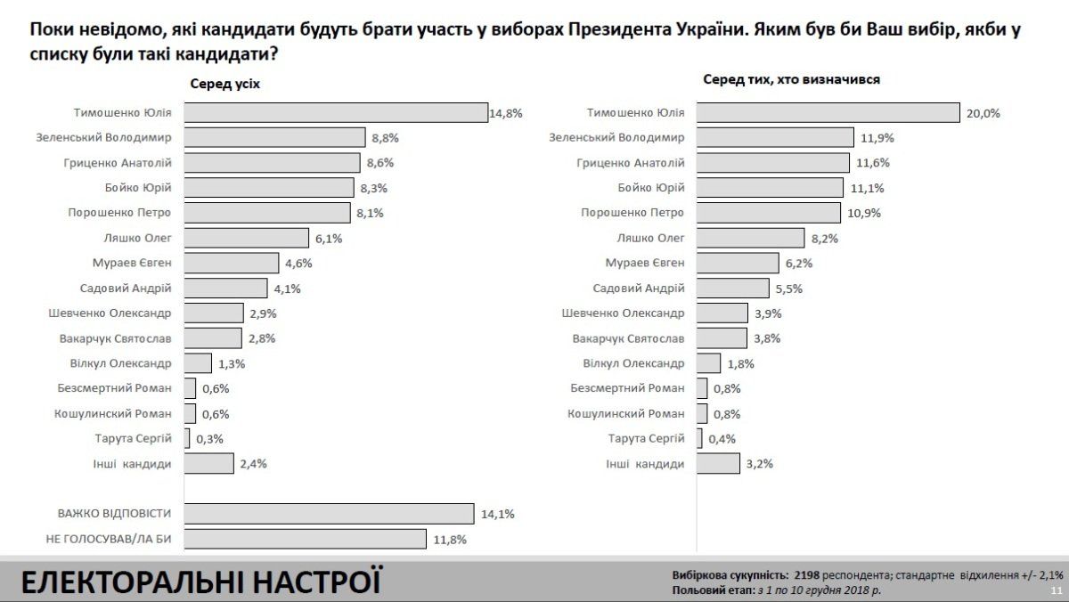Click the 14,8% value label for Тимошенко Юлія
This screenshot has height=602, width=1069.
coord(505,113)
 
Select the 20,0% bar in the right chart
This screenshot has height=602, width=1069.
coord(828,113)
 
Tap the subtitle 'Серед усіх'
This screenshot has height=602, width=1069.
coord(224,83)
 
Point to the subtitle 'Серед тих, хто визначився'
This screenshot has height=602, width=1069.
coord(791,80)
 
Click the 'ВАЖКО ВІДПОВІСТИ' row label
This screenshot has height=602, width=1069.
coord(114,514)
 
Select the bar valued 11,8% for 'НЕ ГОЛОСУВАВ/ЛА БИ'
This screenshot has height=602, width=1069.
coord(306,539)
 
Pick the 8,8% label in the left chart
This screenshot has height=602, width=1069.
coord(384,138)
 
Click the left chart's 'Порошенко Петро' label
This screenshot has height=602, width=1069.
coord(119,213)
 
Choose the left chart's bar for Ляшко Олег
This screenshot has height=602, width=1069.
coord(248,238)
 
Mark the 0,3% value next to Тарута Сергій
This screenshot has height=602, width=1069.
coord(209,438)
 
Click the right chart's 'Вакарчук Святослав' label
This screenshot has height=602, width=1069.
coord(628,338)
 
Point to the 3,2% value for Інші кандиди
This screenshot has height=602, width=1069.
coord(759,463)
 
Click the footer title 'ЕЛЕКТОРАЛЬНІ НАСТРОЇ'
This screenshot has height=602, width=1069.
coord(200,582)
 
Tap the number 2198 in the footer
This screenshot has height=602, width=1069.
coord(806,575)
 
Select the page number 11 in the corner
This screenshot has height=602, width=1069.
coord(1057,590)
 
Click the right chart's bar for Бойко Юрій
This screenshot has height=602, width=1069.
coord(770,188)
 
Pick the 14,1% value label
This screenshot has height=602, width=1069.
coord(497,514)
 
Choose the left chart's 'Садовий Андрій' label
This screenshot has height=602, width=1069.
coord(125,288)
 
